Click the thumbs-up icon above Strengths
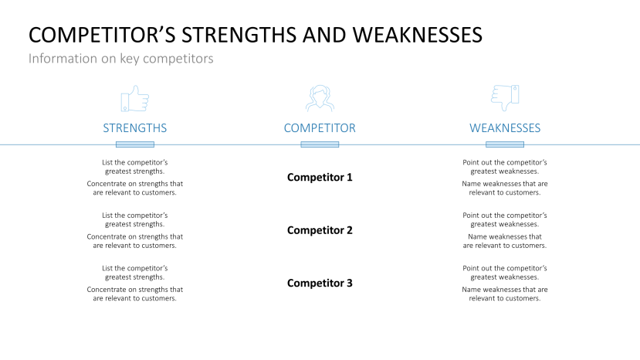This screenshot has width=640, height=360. click(134, 98)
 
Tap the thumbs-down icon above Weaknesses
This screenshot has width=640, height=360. click(505, 98)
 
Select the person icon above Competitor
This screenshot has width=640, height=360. click(320, 98)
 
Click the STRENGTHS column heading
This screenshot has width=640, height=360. click(134, 128)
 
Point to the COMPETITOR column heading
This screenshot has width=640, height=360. click(320, 128)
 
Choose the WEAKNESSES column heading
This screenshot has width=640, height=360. click(505, 128)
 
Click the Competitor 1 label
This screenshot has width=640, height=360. click(320, 178)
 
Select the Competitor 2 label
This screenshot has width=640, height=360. click(320, 230)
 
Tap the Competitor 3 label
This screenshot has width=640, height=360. click(320, 284)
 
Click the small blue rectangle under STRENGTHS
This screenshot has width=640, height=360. click(134, 144)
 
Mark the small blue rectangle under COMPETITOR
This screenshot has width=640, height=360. click(320, 144)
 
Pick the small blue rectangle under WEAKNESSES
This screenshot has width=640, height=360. click(505, 144)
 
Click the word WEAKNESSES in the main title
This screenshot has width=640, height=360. click(417, 35)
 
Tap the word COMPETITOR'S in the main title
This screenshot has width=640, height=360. click(102, 35)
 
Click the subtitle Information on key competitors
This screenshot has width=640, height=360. click(120, 59)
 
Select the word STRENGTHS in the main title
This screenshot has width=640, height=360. click(239, 35)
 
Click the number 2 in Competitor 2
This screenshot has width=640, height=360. click(350, 230)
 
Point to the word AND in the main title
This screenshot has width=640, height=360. click(324, 35)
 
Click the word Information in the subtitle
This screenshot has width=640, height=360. click(63, 59)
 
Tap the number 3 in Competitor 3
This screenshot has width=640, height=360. click(350, 283)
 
